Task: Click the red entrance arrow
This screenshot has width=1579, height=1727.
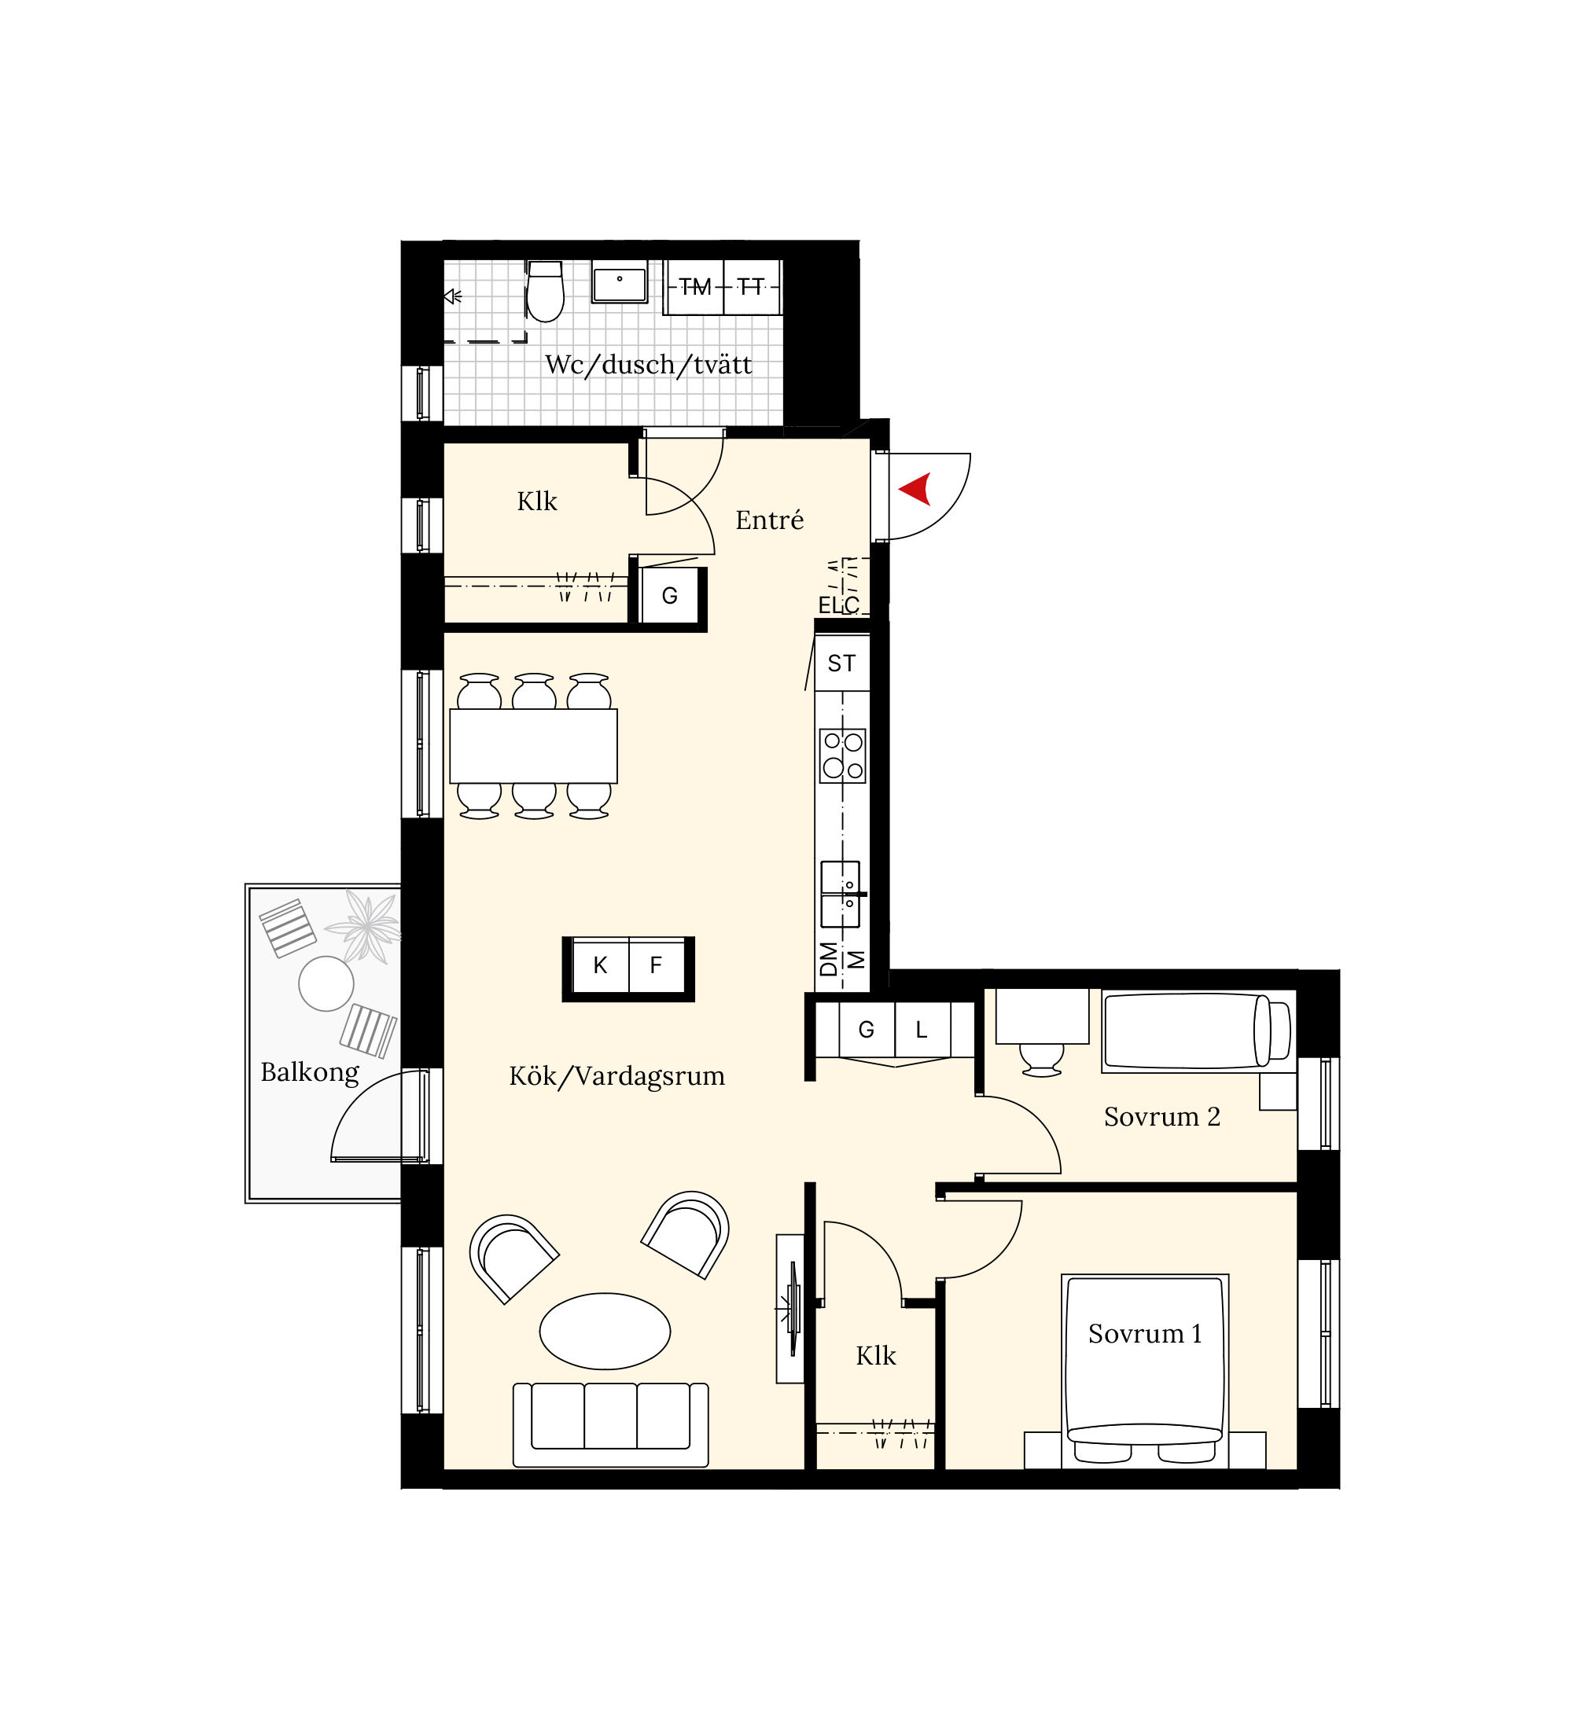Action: tap(916, 489)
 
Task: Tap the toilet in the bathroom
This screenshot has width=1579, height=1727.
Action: tap(545, 292)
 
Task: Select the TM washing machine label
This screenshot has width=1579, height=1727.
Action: tap(695, 287)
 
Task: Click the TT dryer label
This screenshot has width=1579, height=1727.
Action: tap(752, 287)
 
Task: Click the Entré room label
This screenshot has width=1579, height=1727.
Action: tap(769, 520)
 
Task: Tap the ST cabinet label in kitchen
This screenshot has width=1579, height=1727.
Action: tap(841, 663)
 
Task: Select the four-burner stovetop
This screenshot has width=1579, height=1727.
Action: tap(842, 755)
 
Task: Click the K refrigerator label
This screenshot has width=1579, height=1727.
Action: tap(600, 966)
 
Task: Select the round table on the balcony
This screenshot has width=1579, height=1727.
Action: tap(326, 983)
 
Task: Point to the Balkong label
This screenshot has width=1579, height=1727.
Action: tap(309, 1072)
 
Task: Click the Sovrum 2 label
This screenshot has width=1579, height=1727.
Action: tap(1161, 1117)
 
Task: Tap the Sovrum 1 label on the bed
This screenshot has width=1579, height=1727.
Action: tap(1145, 1334)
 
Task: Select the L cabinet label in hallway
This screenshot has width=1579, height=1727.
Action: tap(922, 1031)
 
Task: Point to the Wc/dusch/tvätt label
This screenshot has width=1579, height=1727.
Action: tap(649, 366)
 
